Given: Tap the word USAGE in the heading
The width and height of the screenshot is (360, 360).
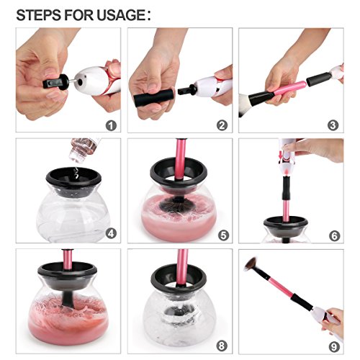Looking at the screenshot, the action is click(x=121, y=15).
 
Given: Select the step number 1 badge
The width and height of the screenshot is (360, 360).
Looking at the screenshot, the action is click(x=111, y=126).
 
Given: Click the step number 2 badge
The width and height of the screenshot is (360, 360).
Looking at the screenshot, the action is click(x=222, y=125).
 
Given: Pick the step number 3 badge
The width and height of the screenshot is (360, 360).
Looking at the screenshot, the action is click(x=333, y=125).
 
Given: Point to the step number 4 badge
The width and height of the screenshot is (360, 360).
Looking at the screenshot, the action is click(x=111, y=233).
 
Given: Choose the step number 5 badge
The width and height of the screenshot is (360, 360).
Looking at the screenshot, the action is click(x=223, y=235).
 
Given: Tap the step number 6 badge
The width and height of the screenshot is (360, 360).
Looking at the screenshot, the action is click(x=334, y=236).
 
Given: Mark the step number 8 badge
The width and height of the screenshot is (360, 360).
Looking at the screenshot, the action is click(x=222, y=346).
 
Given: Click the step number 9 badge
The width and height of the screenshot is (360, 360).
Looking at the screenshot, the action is click(x=334, y=347).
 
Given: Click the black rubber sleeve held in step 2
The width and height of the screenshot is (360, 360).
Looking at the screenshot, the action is click(x=154, y=97).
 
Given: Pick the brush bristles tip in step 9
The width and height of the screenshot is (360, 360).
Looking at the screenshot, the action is click(x=250, y=264).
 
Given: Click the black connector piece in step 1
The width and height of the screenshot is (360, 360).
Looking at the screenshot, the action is click(x=56, y=83).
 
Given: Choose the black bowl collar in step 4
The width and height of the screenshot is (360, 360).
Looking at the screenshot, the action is click(x=73, y=179).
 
